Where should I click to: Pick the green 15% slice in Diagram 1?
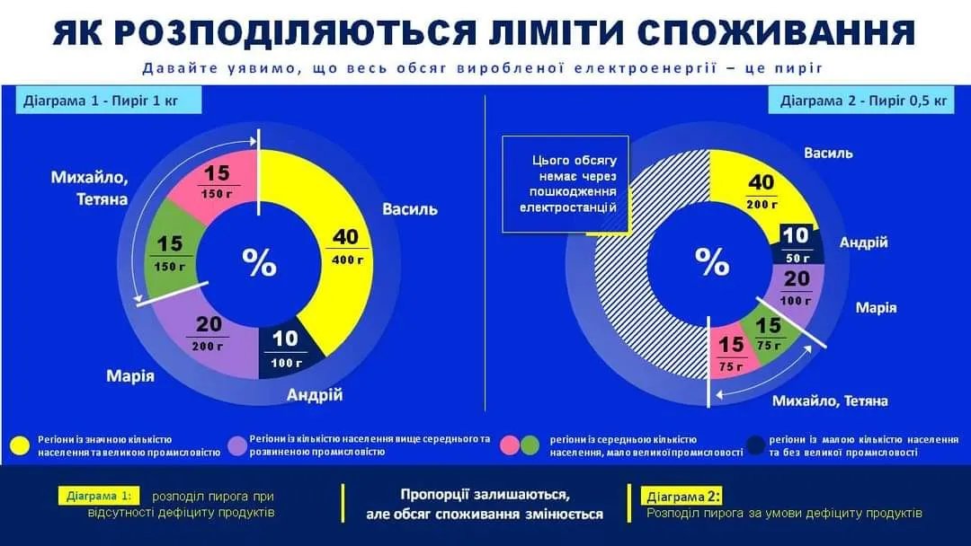coord(171,253)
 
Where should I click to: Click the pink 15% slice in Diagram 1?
coord(216,182)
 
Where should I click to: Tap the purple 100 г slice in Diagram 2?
coord(796,287)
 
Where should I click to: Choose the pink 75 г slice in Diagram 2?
coord(730,352)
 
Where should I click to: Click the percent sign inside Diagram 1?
coord(259,262)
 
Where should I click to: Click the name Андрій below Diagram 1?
coord(315,395)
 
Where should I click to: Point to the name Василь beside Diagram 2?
coord(828,153)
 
